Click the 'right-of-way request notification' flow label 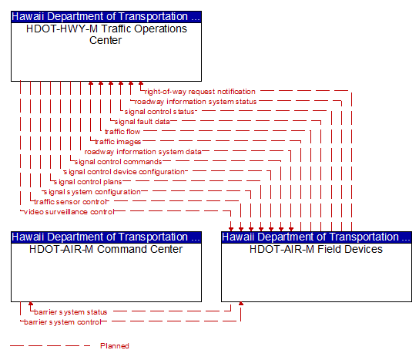200,92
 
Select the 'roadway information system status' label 196,102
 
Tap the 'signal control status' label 159,112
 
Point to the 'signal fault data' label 142,122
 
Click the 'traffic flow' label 122,132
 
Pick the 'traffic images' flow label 118,142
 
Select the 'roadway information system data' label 143,152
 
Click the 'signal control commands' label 118,162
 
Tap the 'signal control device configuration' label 124,172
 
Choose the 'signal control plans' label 88,182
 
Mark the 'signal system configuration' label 92,192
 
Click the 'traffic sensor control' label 71,202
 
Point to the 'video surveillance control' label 69,212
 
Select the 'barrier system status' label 71,312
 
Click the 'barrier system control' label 62,322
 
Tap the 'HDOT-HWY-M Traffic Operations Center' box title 106,35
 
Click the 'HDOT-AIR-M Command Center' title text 106,249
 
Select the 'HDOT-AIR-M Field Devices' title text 316,249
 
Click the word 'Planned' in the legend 115,346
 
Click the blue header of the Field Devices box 317,237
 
